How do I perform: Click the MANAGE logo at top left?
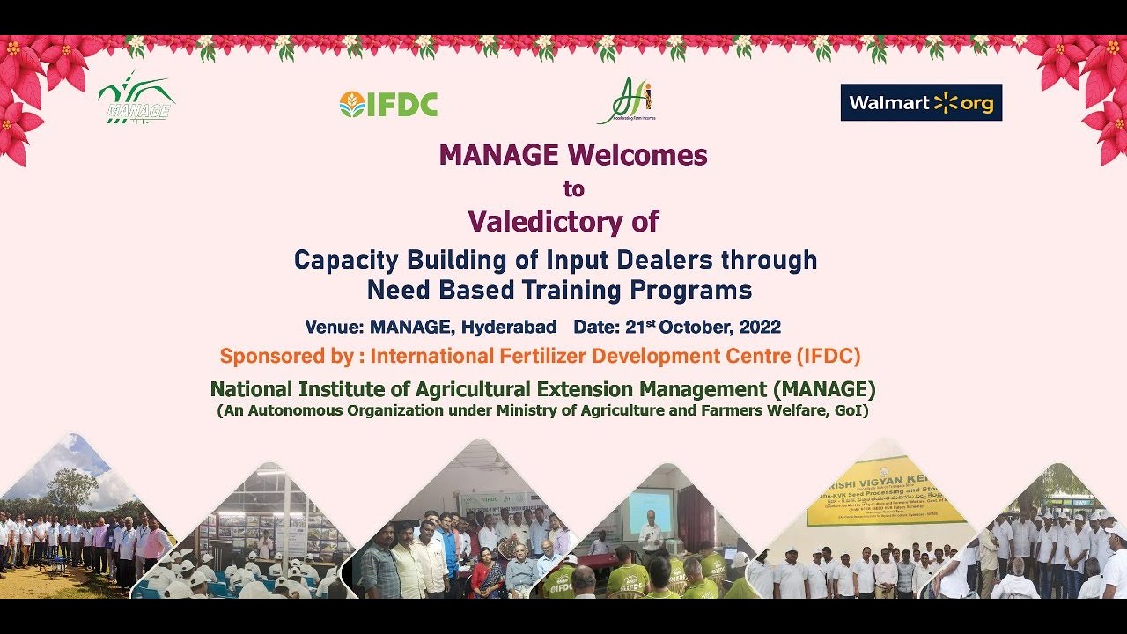pos(136,98)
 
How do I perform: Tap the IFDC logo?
pos(388,104)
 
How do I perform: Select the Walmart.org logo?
pos(920,103)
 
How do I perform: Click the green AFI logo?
pos(627,100)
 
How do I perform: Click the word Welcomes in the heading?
pos(637,155)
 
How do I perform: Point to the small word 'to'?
pos(573,188)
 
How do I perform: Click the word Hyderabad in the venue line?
pos(509,327)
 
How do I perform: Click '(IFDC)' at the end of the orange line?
pos(828,357)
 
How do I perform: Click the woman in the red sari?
pos(486,578)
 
